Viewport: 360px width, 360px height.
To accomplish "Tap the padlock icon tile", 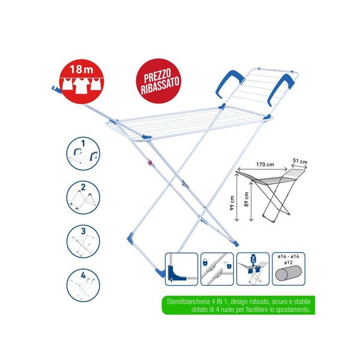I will (x=217, y=269).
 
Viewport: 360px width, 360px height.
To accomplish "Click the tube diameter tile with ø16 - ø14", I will (x=288, y=269).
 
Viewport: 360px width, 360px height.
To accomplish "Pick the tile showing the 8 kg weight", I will (x=253, y=269).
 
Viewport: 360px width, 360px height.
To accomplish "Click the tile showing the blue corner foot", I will (x=182, y=269).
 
